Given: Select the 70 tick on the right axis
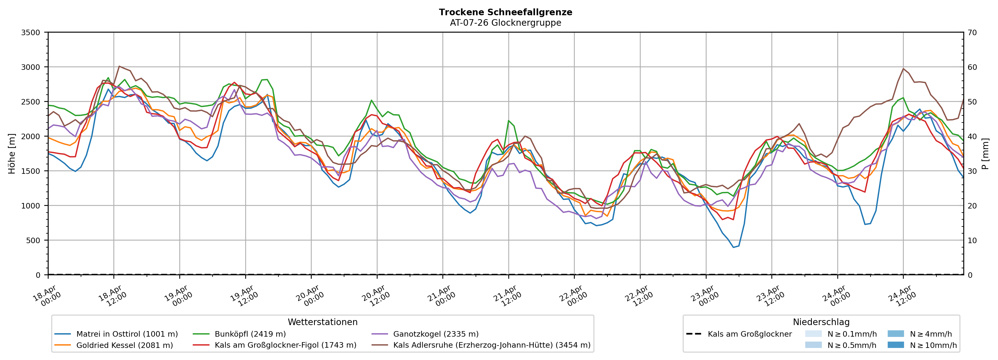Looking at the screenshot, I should point(972,33).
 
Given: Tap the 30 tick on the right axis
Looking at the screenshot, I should point(972,171).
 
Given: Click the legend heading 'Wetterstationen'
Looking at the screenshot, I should point(322,322).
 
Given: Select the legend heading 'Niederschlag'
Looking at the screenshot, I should point(821,322).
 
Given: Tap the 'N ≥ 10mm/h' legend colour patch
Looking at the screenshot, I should point(895,345).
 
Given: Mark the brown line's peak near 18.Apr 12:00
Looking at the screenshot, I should point(119,66).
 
